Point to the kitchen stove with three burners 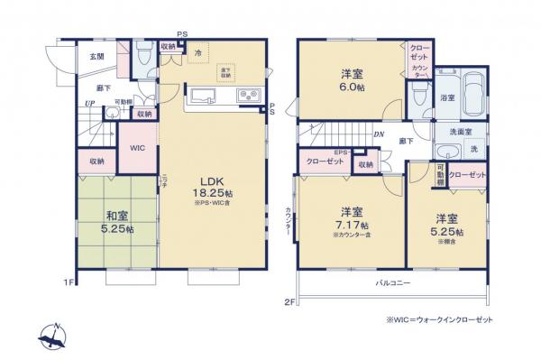point(248,96)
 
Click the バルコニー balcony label point(393,283)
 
